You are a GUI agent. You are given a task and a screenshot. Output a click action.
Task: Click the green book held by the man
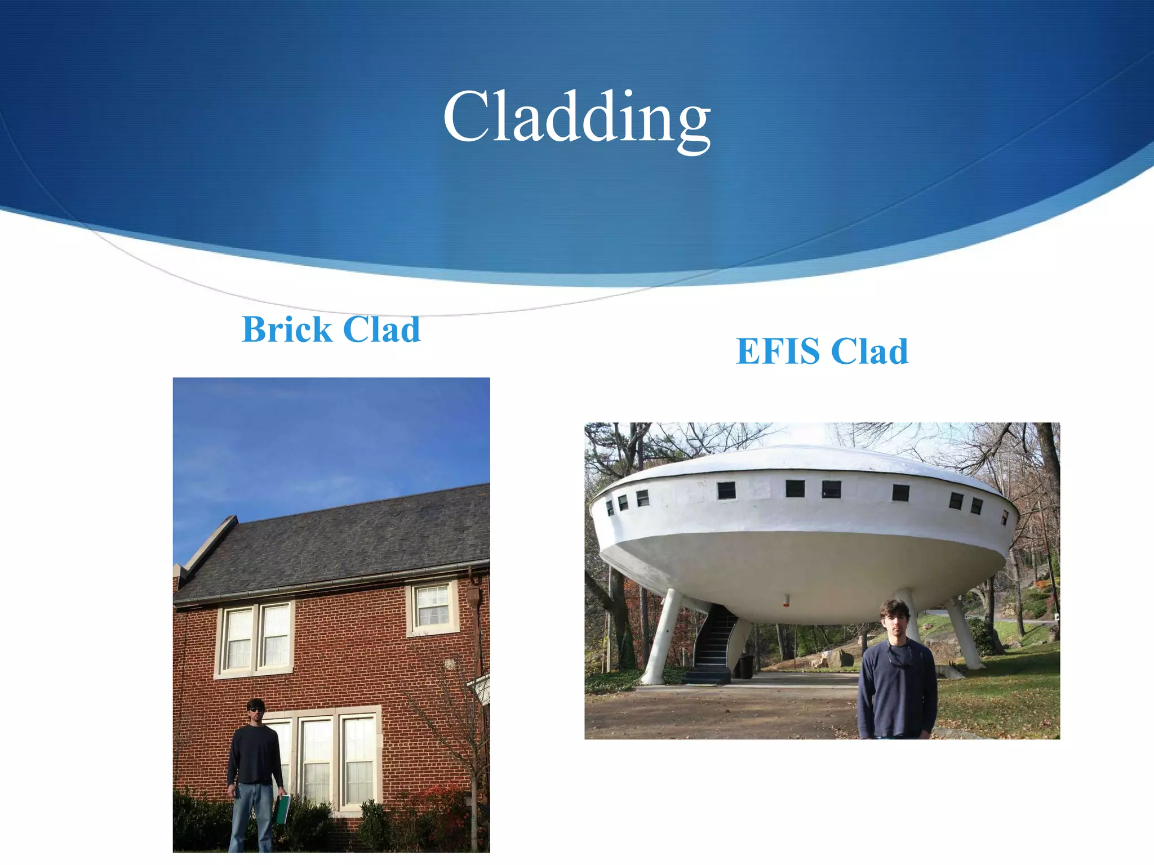281,810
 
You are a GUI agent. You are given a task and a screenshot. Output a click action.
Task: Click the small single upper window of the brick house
432,607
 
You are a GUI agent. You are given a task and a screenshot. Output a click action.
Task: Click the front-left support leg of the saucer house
661,636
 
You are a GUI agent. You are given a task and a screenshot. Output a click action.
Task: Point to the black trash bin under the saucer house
745,666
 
